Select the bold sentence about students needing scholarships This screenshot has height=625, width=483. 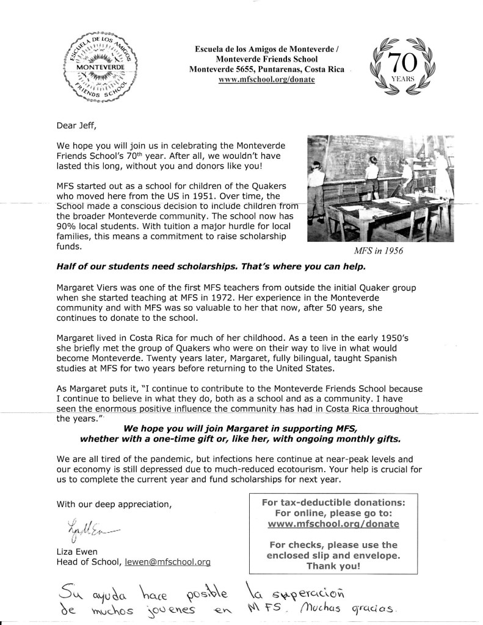tap(211, 268)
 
